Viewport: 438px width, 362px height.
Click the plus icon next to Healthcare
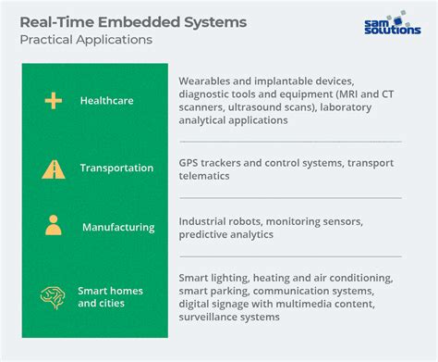tap(53, 100)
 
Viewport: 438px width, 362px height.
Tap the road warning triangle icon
tap(53, 169)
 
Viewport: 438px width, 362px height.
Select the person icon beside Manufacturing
tap(53, 226)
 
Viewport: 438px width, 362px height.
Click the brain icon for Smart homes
tap(53, 296)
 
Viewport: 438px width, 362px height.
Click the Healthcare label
tap(109, 100)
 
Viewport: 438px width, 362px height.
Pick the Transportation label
tap(116, 169)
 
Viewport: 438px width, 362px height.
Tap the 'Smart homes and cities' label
tap(110, 296)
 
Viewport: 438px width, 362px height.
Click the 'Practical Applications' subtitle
tap(86, 40)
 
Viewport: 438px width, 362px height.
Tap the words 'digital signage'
tap(218, 305)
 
